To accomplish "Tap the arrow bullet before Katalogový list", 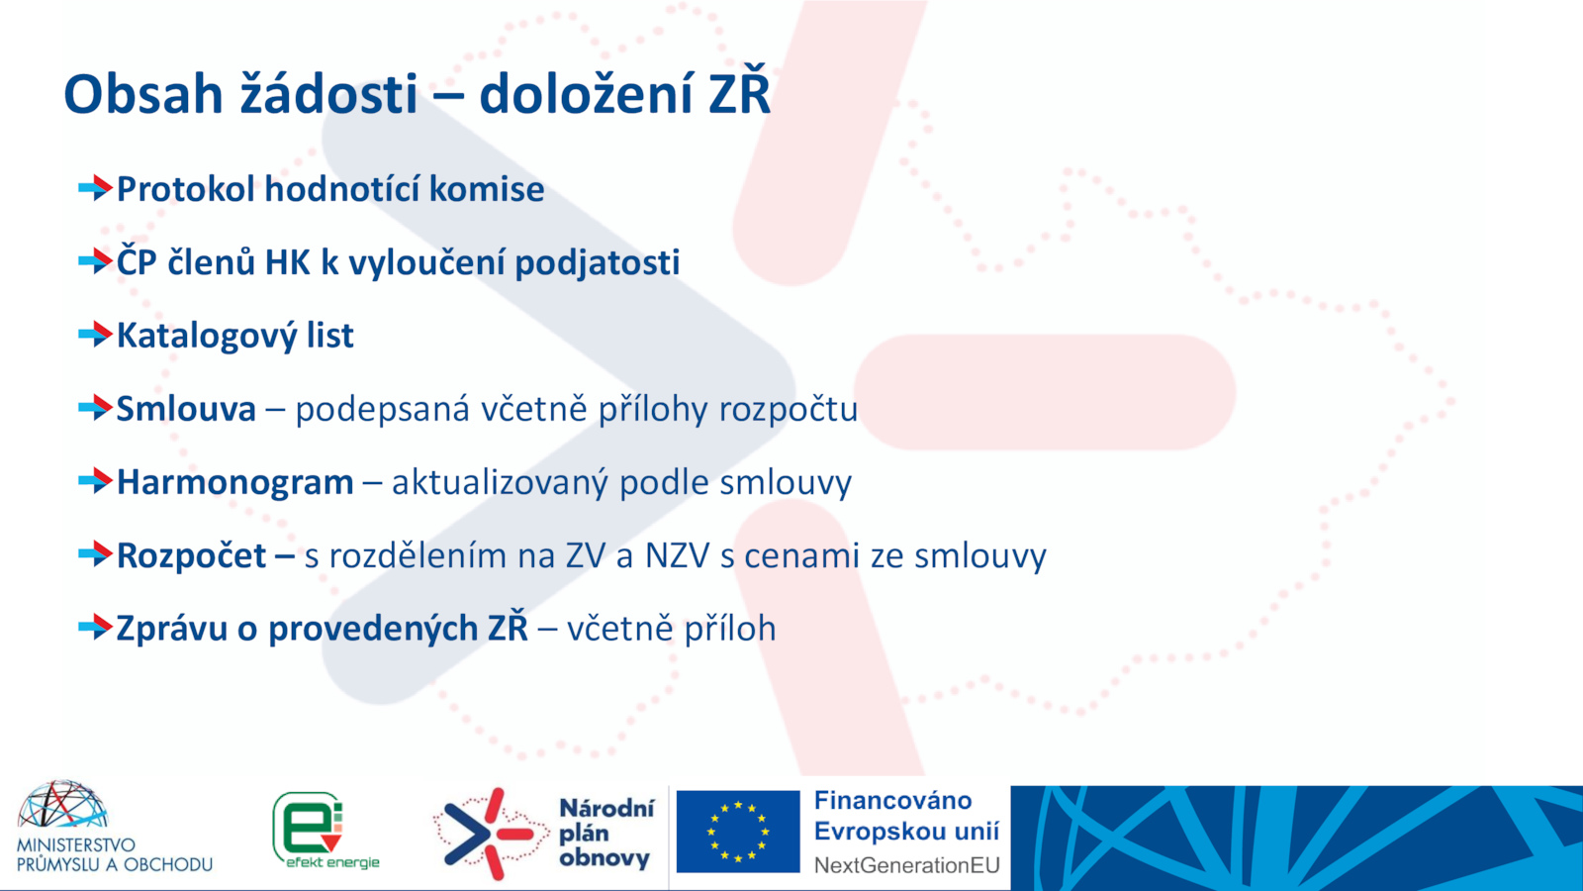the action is click(x=95, y=335).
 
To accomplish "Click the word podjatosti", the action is click(x=598, y=263).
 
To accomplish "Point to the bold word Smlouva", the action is click(x=186, y=409).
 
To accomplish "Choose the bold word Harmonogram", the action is click(x=235, y=483).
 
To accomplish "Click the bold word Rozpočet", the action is click(x=192, y=555).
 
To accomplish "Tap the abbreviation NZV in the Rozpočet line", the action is click(x=677, y=555).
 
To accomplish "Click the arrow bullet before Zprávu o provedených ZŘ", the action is click(x=95, y=628).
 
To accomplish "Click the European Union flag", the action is click(x=738, y=832).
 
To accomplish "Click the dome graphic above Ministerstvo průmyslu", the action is click(x=62, y=805).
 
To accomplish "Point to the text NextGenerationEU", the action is click(x=906, y=865).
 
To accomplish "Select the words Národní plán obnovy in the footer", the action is click(x=606, y=833).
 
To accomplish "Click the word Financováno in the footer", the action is click(x=892, y=801).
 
